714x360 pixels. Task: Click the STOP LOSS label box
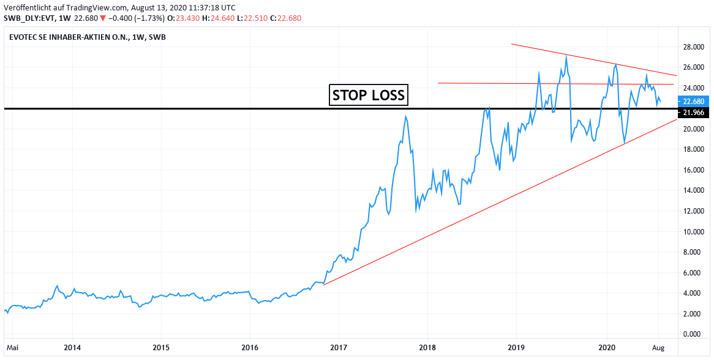pos(369,95)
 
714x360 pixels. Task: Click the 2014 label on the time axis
pos(72,348)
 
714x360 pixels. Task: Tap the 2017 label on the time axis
pos(339,348)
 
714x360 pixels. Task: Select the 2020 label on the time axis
pos(606,348)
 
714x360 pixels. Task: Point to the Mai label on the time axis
pos(13,348)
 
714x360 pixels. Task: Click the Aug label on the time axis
pos(658,348)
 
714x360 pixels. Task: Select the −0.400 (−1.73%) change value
pos(130,18)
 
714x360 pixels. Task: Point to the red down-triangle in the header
pos(104,18)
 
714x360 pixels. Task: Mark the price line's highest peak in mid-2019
pos(566,56)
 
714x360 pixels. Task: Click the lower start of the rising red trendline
pos(323,285)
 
